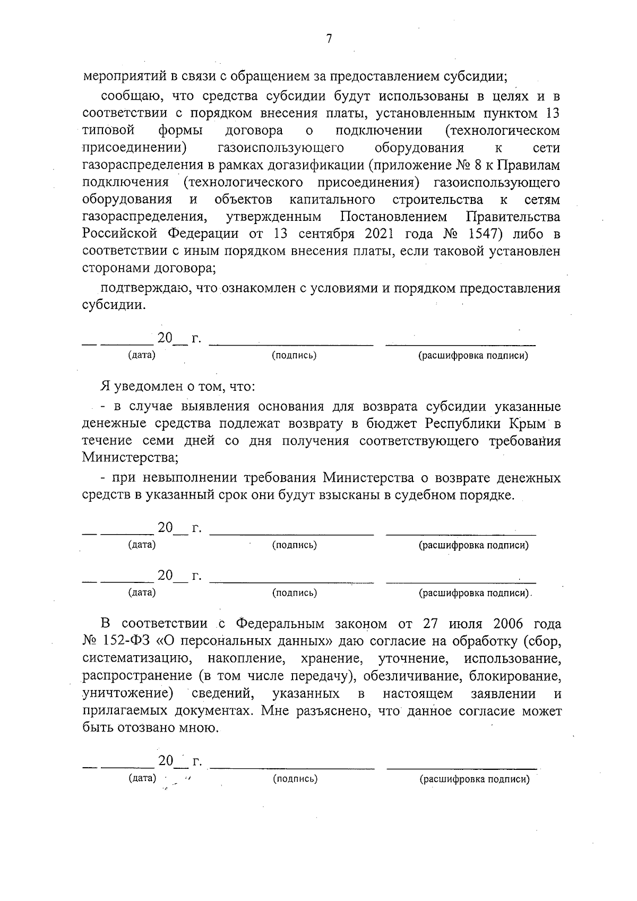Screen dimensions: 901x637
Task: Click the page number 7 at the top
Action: point(329,39)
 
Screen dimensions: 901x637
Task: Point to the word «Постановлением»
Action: point(393,217)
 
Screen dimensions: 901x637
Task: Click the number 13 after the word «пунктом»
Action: point(552,113)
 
